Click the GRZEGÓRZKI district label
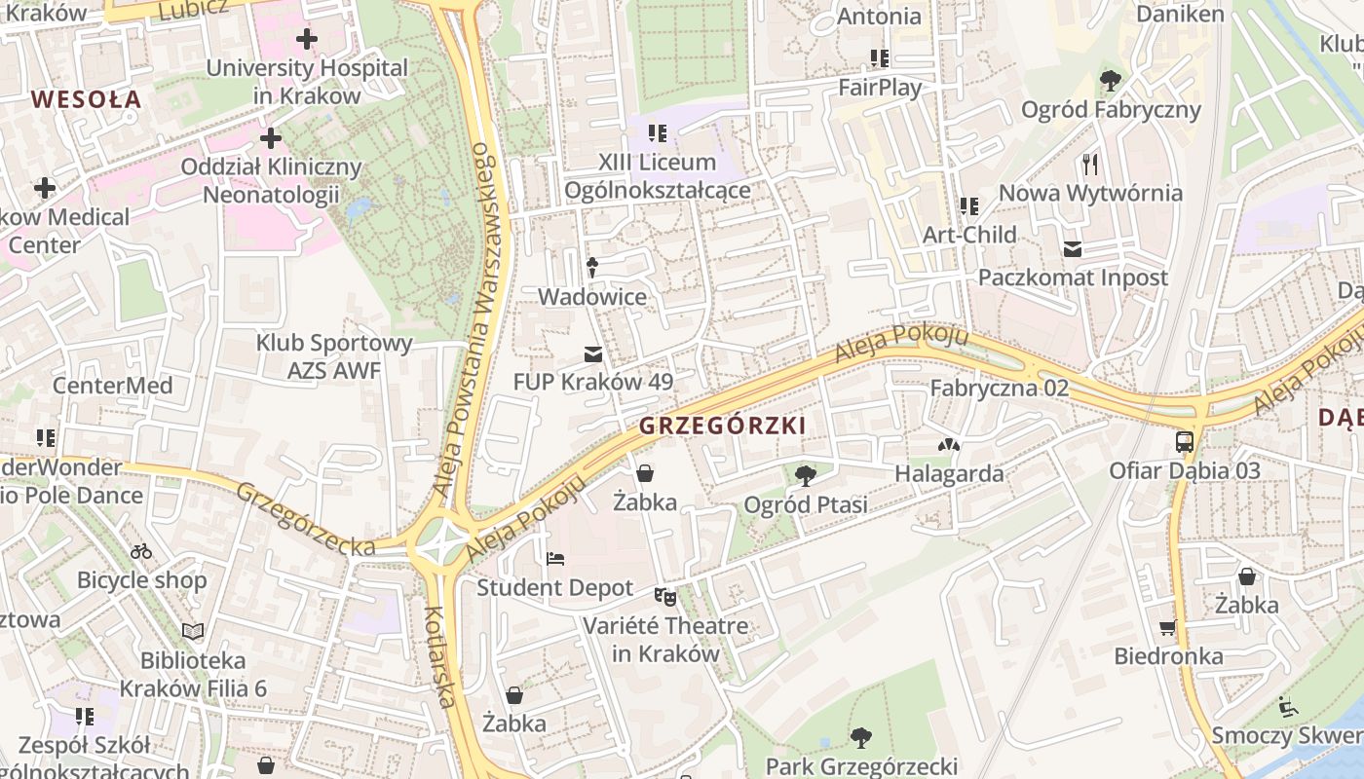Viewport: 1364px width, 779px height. [x=722, y=426]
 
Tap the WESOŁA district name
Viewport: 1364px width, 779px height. [x=86, y=98]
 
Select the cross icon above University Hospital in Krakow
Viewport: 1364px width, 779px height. [x=307, y=40]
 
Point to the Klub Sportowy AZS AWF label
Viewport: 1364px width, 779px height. [x=334, y=356]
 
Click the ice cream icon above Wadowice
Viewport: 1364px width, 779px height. [x=591, y=266]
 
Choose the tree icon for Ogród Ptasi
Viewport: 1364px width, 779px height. [x=805, y=476]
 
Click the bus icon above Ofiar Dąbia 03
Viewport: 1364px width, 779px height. [x=1185, y=442]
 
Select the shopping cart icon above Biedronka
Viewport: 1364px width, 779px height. [x=1168, y=627]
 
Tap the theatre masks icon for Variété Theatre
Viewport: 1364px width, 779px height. [x=665, y=596]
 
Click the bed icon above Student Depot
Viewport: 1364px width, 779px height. [x=554, y=559]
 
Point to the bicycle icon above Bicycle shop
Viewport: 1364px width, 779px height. [x=141, y=551]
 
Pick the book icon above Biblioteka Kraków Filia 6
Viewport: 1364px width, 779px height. [x=193, y=632]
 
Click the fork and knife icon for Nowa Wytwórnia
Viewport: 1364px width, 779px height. [x=1090, y=164]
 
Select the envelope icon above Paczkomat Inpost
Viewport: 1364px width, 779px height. [x=1073, y=249]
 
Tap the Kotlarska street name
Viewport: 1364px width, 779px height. [x=440, y=656]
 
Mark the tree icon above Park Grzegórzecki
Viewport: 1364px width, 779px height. [x=860, y=737]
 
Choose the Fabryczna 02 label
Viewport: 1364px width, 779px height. [x=999, y=388]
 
